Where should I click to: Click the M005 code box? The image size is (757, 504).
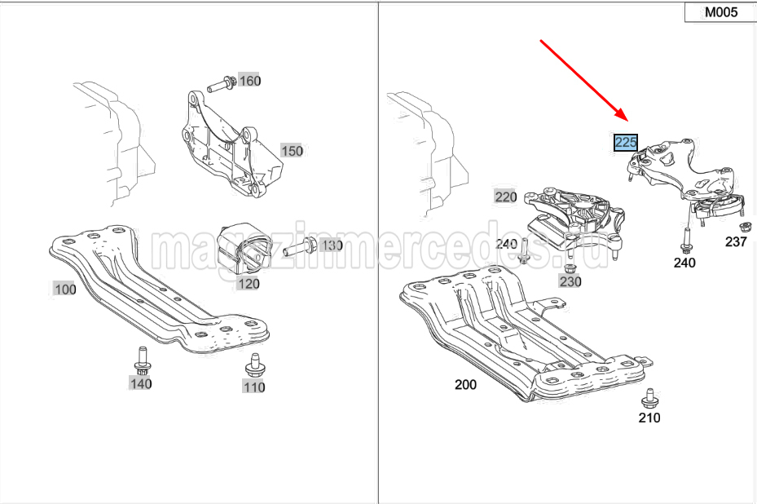(721, 12)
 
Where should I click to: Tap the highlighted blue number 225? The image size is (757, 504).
(626, 143)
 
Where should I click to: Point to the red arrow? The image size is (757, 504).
(583, 81)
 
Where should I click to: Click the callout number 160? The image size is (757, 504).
(249, 81)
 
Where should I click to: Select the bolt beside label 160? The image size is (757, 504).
(221, 85)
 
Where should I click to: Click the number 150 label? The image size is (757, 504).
(292, 151)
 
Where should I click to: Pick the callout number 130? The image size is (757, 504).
(332, 245)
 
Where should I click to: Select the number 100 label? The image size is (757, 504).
(65, 290)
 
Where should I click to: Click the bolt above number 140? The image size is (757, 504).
(143, 361)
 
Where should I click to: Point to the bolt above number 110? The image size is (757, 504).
(254, 366)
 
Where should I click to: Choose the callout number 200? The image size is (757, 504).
(465, 385)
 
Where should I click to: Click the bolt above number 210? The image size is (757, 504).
(649, 398)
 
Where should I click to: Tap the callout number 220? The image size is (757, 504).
(506, 197)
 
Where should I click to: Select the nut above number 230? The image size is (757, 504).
(570, 268)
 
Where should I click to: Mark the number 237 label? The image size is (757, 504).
(736, 241)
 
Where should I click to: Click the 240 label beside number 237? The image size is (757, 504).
(684, 263)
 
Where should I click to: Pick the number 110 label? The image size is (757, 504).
(254, 387)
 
